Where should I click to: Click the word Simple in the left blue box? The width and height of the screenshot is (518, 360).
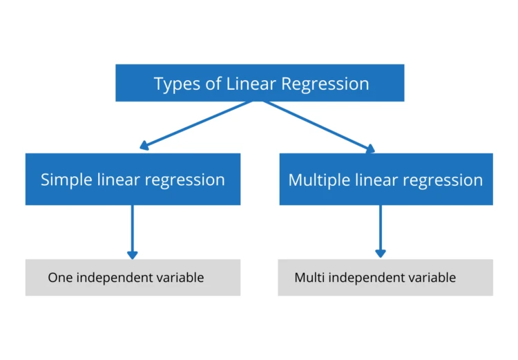pyautogui.click(x=66, y=180)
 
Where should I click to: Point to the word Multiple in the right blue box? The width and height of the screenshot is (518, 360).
pyautogui.click(x=318, y=180)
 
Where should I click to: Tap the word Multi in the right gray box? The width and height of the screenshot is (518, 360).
pyautogui.click(x=309, y=278)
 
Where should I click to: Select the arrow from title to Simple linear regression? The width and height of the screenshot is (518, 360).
pyautogui.click(x=197, y=124)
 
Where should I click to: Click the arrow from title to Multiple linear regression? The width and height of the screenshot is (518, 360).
pyautogui.click(x=318, y=124)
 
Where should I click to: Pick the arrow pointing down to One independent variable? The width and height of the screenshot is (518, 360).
pyautogui.click(x=132, y=231)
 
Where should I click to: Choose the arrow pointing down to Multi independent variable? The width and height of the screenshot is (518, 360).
pyautogui.click(x=380, y=231)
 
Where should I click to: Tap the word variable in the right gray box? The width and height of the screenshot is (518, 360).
pyautogui.click(x=431, y=278)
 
